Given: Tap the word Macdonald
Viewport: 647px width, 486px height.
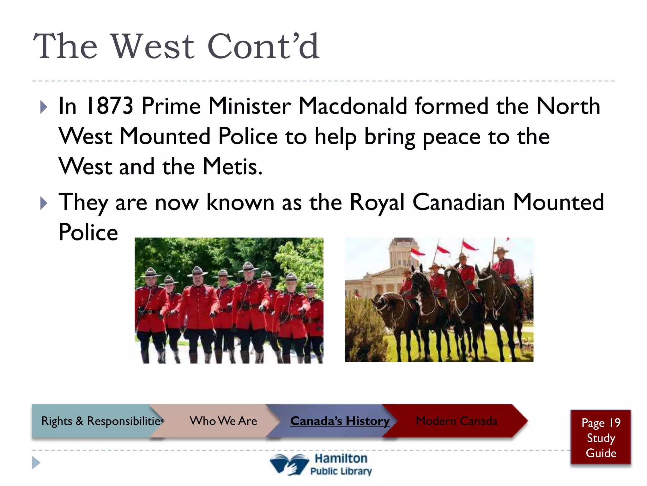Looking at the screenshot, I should pyautogui.click(x=353, y=106).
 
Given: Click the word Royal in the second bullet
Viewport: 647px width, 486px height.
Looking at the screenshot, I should pyautogui.click(x=377, y=202).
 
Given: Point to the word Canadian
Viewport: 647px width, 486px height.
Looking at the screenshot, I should pyautogui.click(x=459, y=202).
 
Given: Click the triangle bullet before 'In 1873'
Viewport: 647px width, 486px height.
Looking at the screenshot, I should pyautogui.click(x=44, y=107).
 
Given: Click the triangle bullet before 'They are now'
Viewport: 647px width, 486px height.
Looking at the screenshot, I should pyautogui.click(x=44, y=203).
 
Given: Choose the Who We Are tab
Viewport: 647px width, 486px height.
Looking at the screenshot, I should pyautogui.click(x=223, y=421).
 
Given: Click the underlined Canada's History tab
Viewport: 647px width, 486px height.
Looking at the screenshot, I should pyautogui.click(x=340, y=421).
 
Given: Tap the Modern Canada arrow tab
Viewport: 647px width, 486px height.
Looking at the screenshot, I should pyautogui.click(x=456, y=421).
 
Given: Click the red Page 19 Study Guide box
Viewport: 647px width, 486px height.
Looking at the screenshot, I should pyautogui.click(x=601, y=438).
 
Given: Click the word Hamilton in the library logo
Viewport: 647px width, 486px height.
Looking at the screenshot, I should pyautogui.click(x=341, y=458).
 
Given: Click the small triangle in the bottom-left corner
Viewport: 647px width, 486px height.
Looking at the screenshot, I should pyautogui.click(x=36, y=463).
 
